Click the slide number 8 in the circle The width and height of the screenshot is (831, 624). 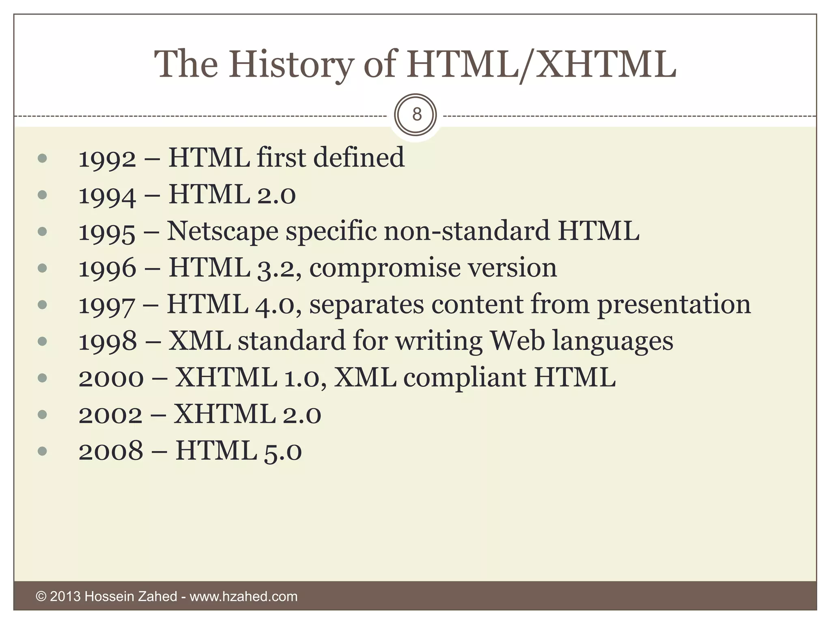click(416, 115)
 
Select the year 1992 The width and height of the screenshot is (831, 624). click(107, 159)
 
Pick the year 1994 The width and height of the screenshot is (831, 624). click(107, 195)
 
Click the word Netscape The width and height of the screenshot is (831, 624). click(222, 232)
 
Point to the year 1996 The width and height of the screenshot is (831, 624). click(107, 269)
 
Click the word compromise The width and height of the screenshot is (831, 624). click(385, 269)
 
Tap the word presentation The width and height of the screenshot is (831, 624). click(674, 305)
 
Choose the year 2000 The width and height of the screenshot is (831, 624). click(111, 378)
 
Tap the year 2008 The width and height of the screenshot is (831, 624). click(111, 451)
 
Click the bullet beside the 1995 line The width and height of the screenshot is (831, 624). click(42, 232)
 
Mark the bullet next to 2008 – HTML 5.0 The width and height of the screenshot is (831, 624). click(42, 451)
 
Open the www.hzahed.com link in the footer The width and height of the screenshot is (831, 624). click(243, 596)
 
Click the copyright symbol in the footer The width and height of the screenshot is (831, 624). click(41, 596)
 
